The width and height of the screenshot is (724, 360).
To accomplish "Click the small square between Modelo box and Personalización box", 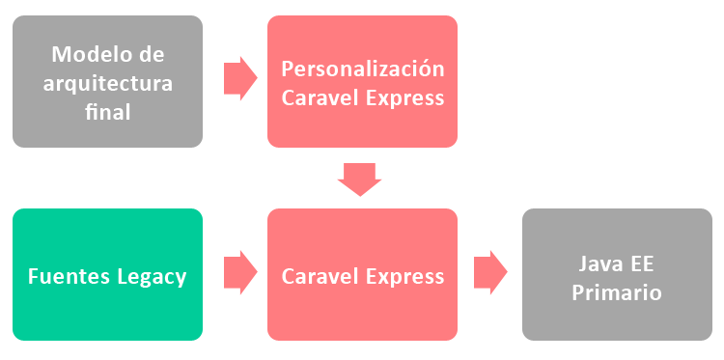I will (x=240, y=78).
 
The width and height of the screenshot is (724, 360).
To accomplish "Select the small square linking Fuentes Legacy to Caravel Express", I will (x=240, y=272).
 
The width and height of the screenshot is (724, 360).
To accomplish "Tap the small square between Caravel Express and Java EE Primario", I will (x=490, y=272).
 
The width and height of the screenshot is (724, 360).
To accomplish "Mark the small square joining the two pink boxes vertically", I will (x=359, y=180).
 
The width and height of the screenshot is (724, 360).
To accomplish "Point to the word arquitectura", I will (x=107, y=83).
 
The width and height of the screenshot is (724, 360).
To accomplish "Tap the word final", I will (x=107, y=112).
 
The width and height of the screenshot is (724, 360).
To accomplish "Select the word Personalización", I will (x=363, y=69).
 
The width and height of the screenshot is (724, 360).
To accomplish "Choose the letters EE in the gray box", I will (x=643, y=263).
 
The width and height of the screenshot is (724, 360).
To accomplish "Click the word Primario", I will (x=617, y=292).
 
